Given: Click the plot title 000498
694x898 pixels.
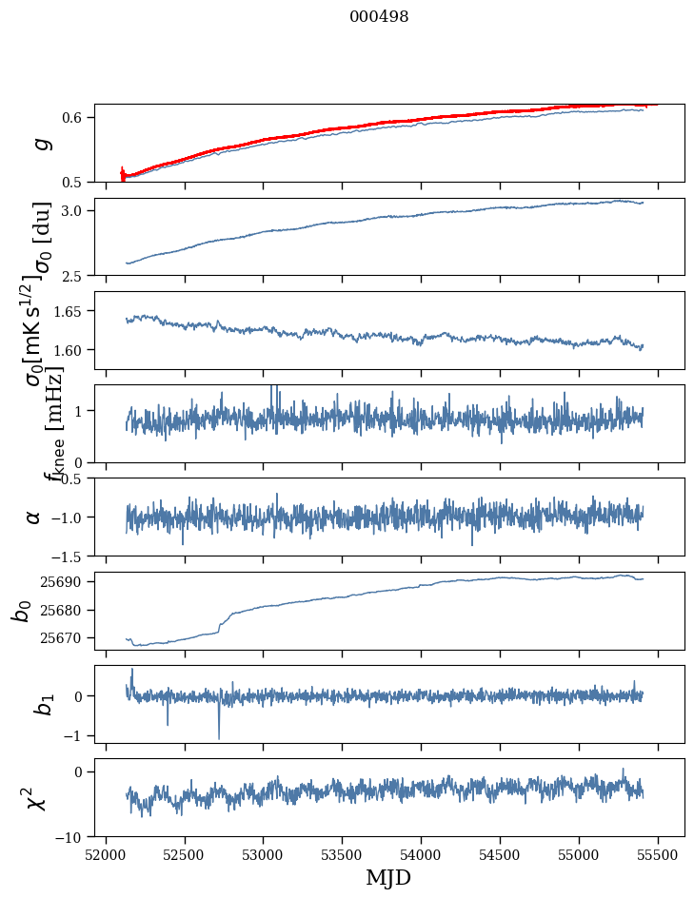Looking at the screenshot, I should tap(379, 17).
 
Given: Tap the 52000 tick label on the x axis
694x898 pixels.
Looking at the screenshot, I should tap(106, 853).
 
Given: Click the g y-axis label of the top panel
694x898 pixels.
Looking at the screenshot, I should tap(40, 143).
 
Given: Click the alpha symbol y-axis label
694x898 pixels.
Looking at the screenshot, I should tap(33, 517).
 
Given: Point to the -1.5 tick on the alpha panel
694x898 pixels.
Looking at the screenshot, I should tap(69, 556).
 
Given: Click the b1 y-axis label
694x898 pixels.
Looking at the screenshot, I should tap(40, 704).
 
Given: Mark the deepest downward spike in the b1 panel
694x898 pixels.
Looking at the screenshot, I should tap(219, 737).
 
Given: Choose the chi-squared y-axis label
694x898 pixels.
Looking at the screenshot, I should tap(36, 797).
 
